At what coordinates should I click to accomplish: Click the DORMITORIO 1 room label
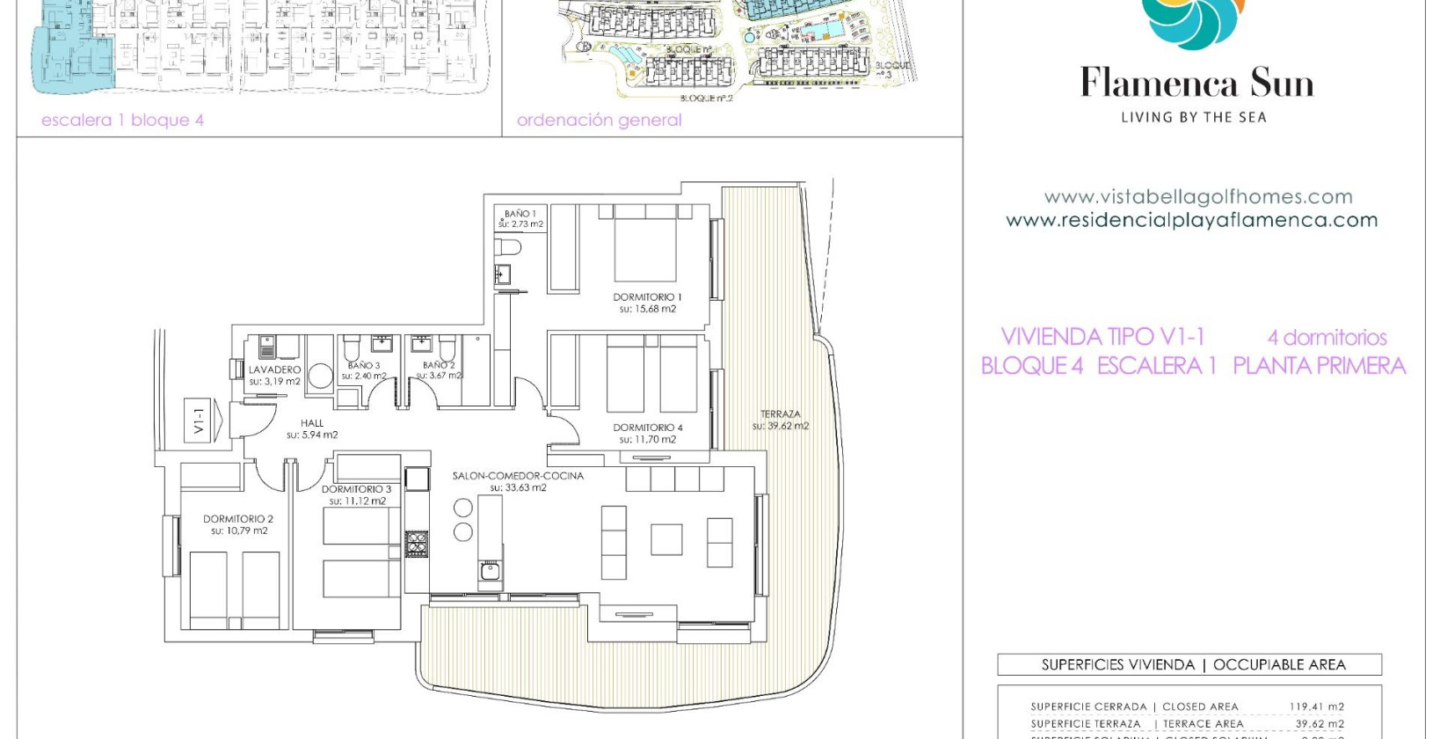click(x=647, y=297)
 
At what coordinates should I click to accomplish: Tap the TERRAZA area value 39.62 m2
click(x=781, y=427)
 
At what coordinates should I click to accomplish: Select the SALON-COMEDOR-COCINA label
click(x=518, y=476)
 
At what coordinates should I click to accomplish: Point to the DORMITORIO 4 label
click(x=648, y=428)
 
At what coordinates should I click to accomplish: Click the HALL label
click(x=312, y=423)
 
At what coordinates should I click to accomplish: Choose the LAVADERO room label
click(x=274, y=370)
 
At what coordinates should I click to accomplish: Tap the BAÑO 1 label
click(x=520, y=214)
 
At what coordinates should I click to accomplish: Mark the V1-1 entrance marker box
click(x=200, y=420)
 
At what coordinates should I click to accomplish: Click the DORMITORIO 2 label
click(x=238, y=519)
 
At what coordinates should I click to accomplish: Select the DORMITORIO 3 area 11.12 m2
click(x=358, y=501)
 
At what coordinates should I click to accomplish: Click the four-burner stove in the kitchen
click(x=417, y=544)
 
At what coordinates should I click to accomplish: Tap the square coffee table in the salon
click(x=666, y=539)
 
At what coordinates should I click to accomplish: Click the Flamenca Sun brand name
click(x=1196, y=84)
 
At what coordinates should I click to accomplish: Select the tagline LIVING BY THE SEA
click(x=1193, y=117)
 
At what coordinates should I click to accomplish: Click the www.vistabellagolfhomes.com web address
click(x=1197, y=197)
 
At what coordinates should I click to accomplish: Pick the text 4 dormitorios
click(x=1327, y=338)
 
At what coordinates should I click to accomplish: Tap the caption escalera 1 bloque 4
click(x=122, y=121)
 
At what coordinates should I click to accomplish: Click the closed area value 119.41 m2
click(x=1316, y=706)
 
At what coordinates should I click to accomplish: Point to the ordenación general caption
click(x=599, y=121)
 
